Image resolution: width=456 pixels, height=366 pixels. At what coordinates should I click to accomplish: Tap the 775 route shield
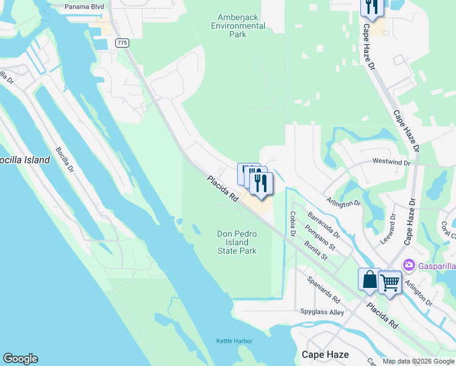[x=122, y=42]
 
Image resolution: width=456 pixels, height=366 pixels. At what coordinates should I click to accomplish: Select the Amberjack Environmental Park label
[x=238, y=26]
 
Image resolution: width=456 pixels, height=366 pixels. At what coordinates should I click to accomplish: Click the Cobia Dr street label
[x=293, y=223]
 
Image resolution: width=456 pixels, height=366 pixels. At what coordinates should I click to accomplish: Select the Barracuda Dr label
[x=323, y=224]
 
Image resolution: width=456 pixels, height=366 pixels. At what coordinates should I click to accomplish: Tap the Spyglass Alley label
[x=322, y=312]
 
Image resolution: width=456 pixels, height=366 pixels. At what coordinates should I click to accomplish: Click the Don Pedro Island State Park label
[x=237, y=242]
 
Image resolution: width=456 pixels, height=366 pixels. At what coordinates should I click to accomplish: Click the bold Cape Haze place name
[x=326, y=354]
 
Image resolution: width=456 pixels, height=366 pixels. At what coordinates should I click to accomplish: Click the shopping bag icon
[x=369, y=280]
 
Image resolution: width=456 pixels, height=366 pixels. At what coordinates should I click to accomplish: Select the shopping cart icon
[x=390, y=282]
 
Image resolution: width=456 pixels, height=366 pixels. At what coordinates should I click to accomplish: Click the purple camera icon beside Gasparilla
[x=408, y=265]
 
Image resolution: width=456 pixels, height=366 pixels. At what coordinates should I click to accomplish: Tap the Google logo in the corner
[x=21, y=358]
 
